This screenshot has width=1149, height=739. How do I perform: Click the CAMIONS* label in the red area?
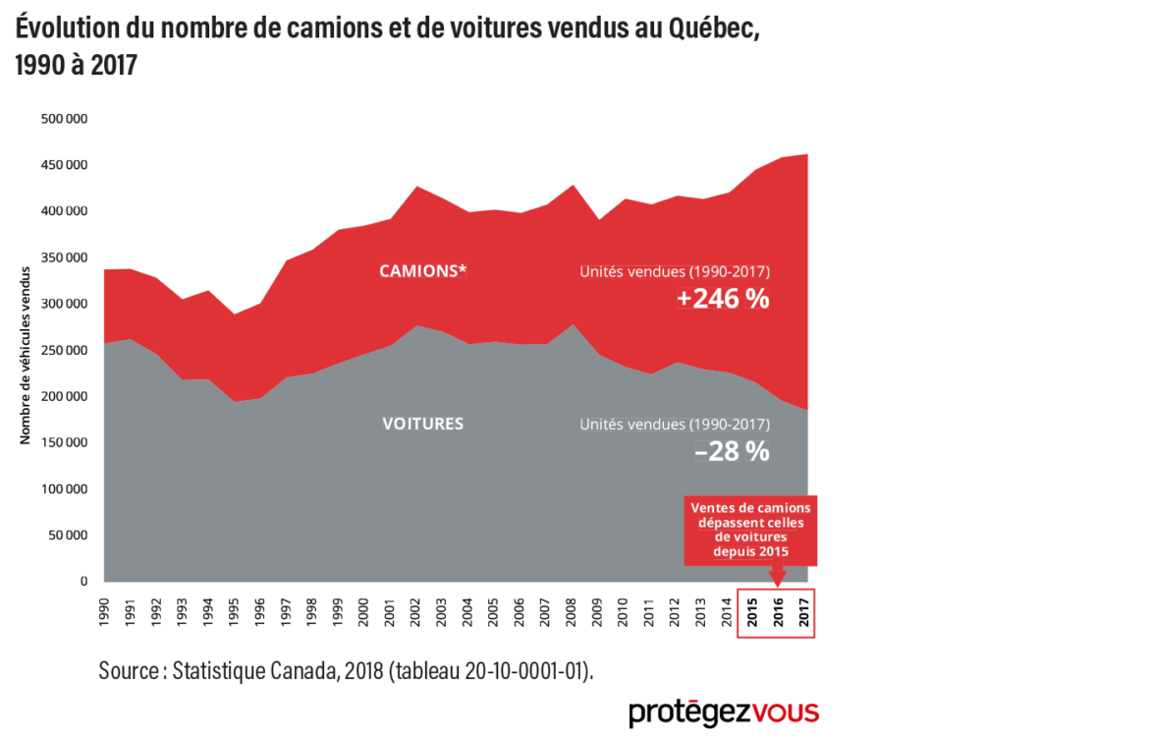tap(422, 271)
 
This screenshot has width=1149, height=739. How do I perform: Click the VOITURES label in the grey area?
tap(422, 424)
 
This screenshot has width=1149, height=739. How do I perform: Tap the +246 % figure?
tap(723, 300)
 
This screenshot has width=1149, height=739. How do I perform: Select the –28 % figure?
tap(732, 452)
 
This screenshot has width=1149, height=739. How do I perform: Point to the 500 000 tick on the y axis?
tap(64, 119)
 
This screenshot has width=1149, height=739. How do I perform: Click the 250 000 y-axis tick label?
tap(64, 351)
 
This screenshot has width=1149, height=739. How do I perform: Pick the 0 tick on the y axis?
tap(83, 582)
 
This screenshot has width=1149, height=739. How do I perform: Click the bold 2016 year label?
tap(778, 611)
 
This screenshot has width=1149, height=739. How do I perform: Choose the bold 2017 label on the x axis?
tap(804, 611)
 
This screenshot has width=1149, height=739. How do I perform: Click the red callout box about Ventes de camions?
tap(750, 530)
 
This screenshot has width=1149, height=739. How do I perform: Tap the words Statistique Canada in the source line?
tap(254, 671)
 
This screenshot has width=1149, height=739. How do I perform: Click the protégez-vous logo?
tap(724, 711)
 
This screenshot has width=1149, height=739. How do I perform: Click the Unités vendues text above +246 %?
tap(675, 271)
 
